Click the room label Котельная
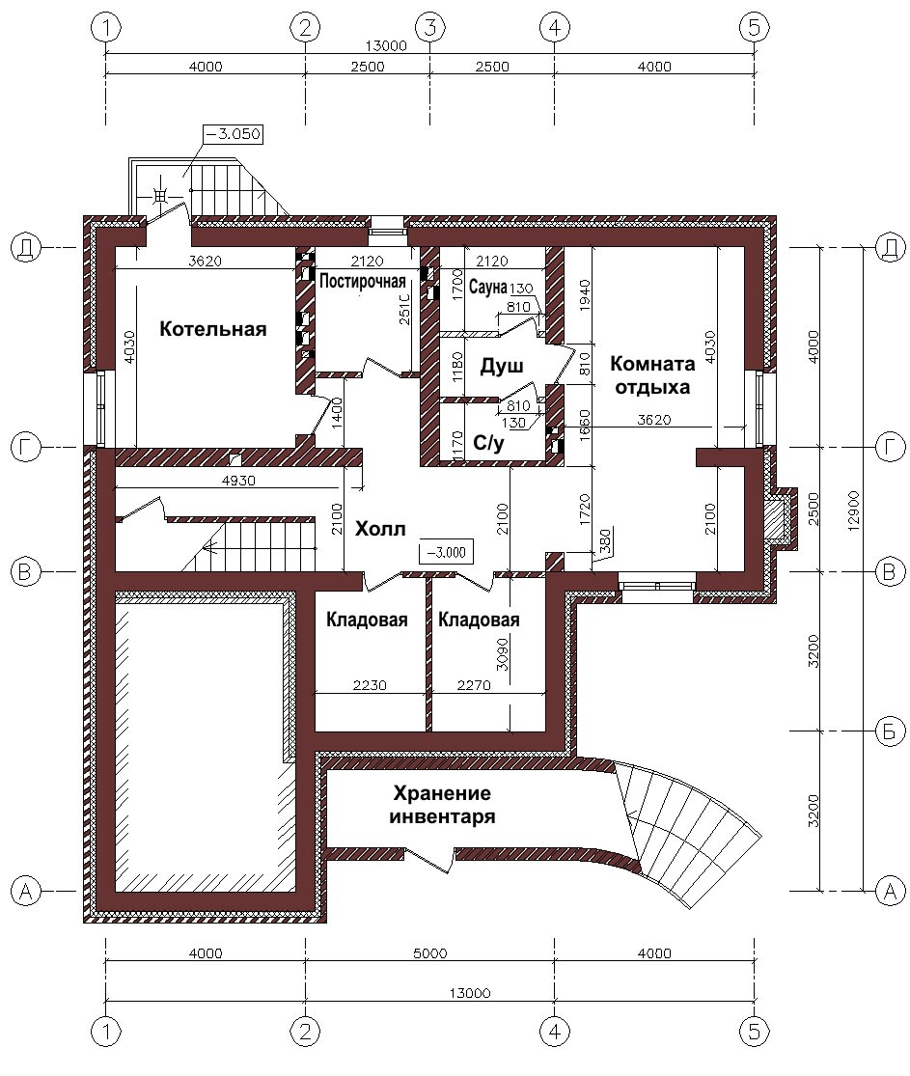click(212, 329)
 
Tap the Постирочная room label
click(362, 282)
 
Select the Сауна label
click(488, 287)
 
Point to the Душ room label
click(502, 366)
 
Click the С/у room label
click(488, 443)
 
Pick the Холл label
click(380, 529)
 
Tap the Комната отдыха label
click(652, 374)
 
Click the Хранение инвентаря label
click(442, 805)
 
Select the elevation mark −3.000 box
click(446, 552)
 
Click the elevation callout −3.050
click(234, 134)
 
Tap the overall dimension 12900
click(853, 510)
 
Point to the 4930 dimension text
click(238, 481)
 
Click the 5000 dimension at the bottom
click(430, 953)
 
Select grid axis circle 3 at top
click(430, 27)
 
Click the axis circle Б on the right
click(890, 731)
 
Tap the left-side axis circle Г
click(25, 448)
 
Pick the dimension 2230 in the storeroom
click(370, 685)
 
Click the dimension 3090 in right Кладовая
click(503, 654)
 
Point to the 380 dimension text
click(605, 539)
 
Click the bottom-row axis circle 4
click(555, 1031)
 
